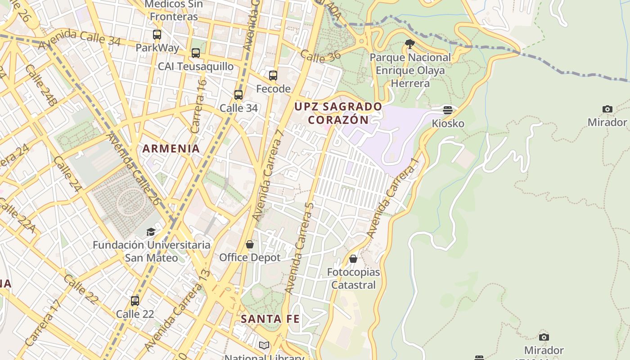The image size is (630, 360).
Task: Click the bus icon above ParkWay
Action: click(157, 34)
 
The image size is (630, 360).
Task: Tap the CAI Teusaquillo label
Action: click(195, 67)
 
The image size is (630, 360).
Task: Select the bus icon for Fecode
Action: click(273, 76)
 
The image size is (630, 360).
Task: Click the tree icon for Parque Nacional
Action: click(409, 44)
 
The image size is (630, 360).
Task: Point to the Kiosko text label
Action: click(448, 123)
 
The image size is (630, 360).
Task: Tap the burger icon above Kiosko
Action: click(447, 110)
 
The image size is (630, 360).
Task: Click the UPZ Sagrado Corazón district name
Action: click(338, 113)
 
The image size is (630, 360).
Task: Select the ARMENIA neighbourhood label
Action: click(171, 148)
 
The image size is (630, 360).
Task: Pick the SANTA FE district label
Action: click(270, 319)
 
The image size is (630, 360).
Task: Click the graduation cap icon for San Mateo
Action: click(151, 232)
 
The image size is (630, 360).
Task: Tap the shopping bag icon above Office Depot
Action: click(250, 244)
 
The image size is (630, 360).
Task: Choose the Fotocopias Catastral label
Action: click(353, 279)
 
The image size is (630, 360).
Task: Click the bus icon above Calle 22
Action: click(135, 301)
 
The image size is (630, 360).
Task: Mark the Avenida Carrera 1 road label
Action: click(393, 198)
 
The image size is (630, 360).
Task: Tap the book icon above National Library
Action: click(264, 345)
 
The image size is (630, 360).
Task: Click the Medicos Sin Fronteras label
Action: click(173, 10)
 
